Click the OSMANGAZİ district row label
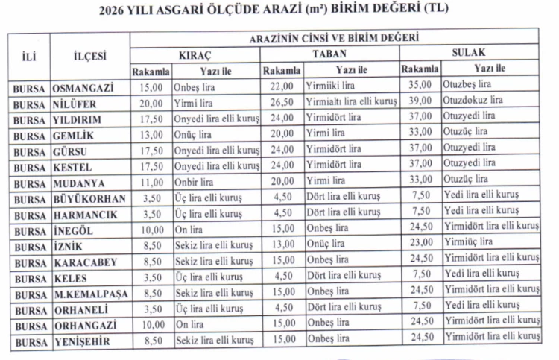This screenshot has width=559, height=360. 83,87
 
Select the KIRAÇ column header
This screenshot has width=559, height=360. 196,55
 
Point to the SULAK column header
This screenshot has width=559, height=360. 470,53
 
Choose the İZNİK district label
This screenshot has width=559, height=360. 69,247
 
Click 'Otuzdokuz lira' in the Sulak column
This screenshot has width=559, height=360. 473,99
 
